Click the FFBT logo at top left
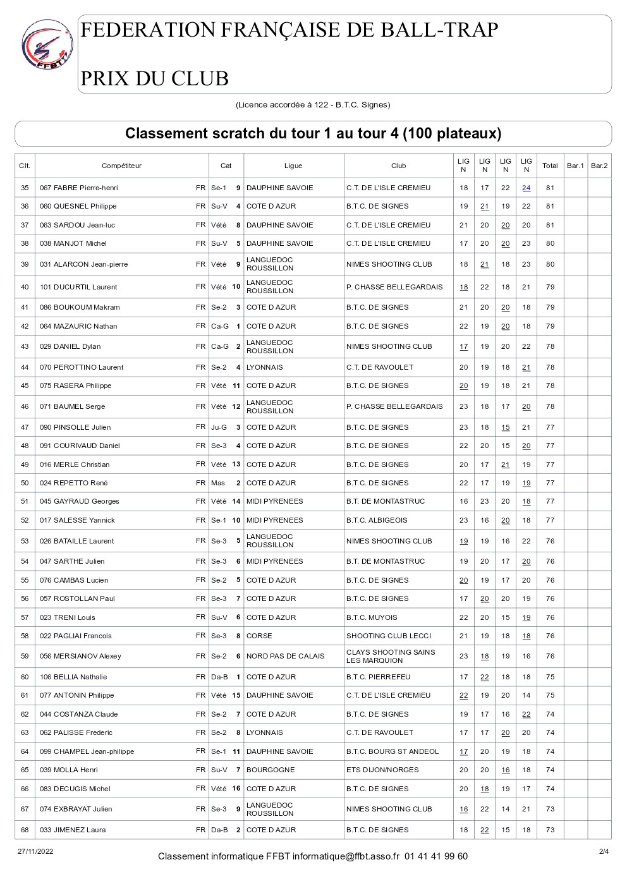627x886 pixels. coord(47,44)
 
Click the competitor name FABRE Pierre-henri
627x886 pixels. coord(85,188)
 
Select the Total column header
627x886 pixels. coord(550,166)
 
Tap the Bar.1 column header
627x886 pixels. coord(575,166)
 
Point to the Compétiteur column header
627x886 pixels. coord(121,166)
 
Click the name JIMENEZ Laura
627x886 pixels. coord(79,830)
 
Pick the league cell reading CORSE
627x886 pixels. coord(259,636)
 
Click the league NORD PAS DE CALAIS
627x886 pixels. coord(285,656)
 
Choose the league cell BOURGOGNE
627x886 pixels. coord(271,770)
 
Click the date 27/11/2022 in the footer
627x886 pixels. coord(35,851)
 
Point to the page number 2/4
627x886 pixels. coord(604,851)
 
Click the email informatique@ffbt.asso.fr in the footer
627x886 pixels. coord(346,856)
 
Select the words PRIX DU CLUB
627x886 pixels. coord(154,78)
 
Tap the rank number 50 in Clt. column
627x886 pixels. coord(25,483)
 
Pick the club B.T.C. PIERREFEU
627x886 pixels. coord(378,677)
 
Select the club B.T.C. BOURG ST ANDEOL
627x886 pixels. coord(392,751)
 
